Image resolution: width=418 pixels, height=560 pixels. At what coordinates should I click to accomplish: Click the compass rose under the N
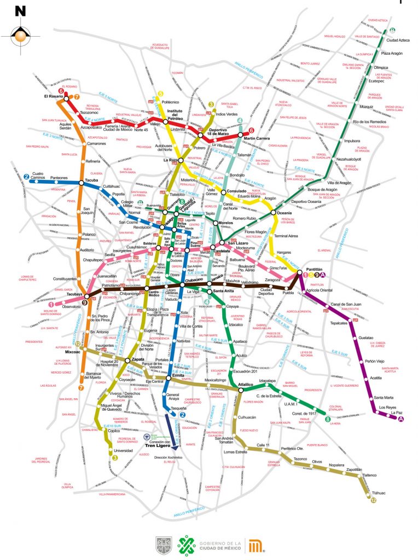click(20, 35)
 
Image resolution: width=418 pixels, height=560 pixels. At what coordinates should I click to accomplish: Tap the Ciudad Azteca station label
click(399, 40)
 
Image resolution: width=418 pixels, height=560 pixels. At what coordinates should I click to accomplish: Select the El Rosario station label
click(54, 97)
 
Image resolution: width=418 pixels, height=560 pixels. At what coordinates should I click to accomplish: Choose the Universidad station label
click(123, 451)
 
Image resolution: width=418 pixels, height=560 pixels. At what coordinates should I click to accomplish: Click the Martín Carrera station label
click(257, 139)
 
